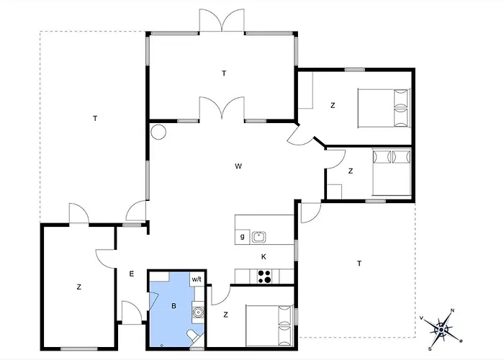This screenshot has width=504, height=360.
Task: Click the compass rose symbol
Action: (x=441, y=328)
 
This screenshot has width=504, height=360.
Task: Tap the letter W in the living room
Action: (x=238, y=166)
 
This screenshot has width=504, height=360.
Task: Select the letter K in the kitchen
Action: (x=264, y=256)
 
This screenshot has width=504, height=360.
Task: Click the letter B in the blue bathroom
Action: (x=174, y=306)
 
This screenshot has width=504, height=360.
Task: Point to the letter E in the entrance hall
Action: (x=132, y=274)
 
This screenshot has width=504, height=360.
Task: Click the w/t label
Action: (x=197, y=279)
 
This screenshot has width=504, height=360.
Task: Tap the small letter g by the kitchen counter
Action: (x=242, y=236)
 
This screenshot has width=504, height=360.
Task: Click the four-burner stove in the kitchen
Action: (x=264, y=275)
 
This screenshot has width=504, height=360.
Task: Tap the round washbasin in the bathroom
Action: (x=198, y=312)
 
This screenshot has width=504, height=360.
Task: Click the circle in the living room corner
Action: (x=158, y=132)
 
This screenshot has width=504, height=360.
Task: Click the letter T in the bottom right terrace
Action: (x=359, y=264)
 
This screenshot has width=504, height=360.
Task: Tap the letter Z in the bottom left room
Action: (x=78, y=287)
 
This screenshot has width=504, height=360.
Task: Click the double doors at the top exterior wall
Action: (x=222, y=22)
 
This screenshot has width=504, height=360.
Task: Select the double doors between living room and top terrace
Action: (x=222, y=109)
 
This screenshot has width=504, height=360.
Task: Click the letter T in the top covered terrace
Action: (x=224, y=73)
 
